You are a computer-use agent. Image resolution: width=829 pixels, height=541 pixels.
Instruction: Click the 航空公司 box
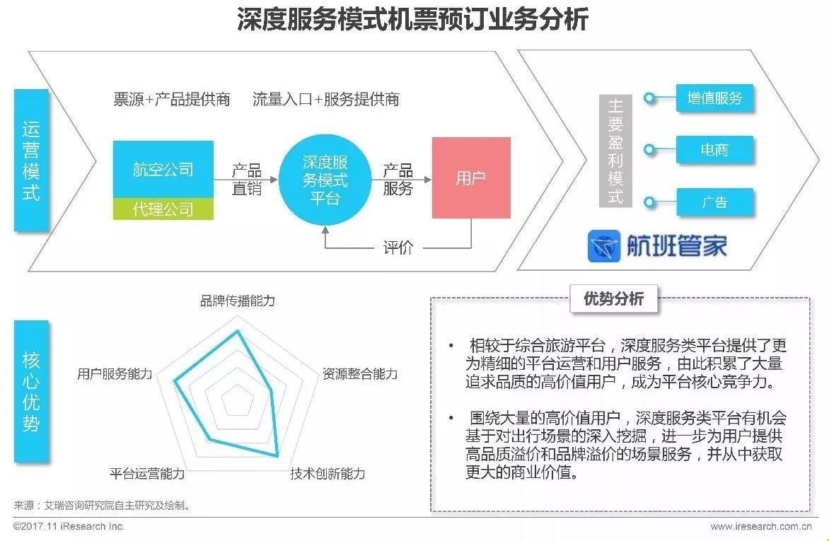click(163, 170)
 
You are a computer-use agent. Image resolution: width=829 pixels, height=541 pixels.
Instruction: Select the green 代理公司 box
click(163, 209)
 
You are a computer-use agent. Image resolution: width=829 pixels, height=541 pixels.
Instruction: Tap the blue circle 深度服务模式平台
click(325, 180)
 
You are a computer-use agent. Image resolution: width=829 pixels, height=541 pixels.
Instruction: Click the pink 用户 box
click(470, 178)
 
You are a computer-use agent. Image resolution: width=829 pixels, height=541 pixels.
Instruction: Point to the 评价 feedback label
click(398, 248)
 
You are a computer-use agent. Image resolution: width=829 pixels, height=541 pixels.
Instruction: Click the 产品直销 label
click(246, 180)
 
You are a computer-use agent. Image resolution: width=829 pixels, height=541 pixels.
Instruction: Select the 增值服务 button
click(714, 98)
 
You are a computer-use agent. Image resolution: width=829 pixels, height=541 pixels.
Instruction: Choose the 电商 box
click(714, 150)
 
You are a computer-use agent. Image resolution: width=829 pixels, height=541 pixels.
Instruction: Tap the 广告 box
click(714, 202)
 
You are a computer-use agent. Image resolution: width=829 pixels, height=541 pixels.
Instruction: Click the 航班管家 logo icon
click(603, 246)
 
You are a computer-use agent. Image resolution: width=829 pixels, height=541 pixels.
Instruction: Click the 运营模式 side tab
click(31, 160)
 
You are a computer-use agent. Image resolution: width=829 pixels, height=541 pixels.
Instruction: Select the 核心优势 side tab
click(31, 391)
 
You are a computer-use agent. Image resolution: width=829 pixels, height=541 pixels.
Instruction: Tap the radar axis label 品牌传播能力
click(238, 301)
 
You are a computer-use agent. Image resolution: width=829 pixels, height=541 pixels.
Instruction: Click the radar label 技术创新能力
click(327, 473)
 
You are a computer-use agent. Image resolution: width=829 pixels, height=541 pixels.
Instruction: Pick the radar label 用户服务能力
click(115, 374)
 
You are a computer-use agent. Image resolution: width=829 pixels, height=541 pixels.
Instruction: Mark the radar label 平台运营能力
click(147, 473)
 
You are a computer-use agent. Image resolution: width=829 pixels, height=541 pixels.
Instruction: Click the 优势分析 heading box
click(613, 298)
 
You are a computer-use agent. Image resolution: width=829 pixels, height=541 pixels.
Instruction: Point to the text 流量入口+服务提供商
click(326, 100)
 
